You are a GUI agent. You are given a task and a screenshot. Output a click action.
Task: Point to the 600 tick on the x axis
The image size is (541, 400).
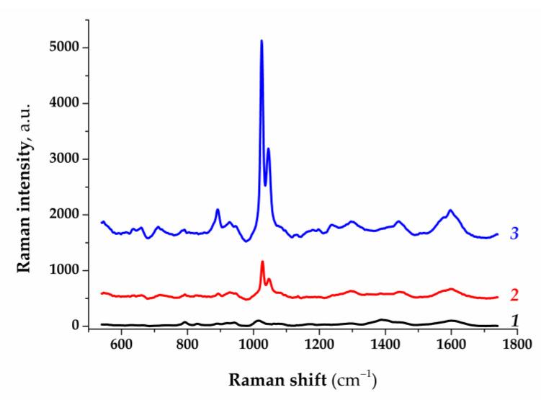[x=121, y=345]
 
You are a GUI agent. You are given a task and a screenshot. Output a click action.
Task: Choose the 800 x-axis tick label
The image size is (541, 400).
[x=187, y=345]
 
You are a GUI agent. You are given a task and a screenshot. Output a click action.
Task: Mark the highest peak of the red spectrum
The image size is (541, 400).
[x=262, y=262]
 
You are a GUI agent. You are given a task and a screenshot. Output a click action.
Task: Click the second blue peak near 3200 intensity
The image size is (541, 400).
[x=269, y=149]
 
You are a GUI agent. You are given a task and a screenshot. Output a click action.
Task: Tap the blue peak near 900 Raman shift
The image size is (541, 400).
[x=218, y=210]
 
